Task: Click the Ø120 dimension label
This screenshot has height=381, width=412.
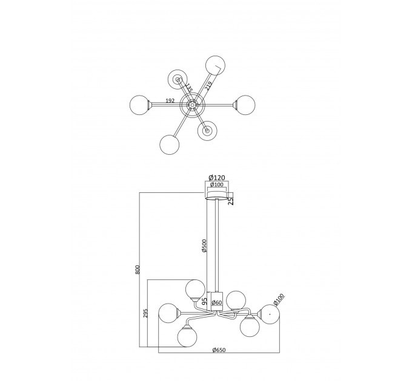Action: [217, 178]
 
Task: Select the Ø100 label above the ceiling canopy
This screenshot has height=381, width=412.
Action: [217, 184]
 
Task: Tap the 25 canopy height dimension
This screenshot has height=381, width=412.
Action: [230, 201]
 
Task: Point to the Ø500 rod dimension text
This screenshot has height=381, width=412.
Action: [204, 246]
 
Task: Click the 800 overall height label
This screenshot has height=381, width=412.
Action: [138, 270]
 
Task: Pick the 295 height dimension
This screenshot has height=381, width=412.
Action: [146, 313]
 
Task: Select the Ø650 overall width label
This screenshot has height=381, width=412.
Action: [219, 350]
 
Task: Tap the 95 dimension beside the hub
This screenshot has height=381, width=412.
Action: [204, 301]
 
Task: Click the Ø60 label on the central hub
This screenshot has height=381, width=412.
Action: [217, 302]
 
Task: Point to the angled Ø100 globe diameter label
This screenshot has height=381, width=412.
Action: [279, 299]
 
